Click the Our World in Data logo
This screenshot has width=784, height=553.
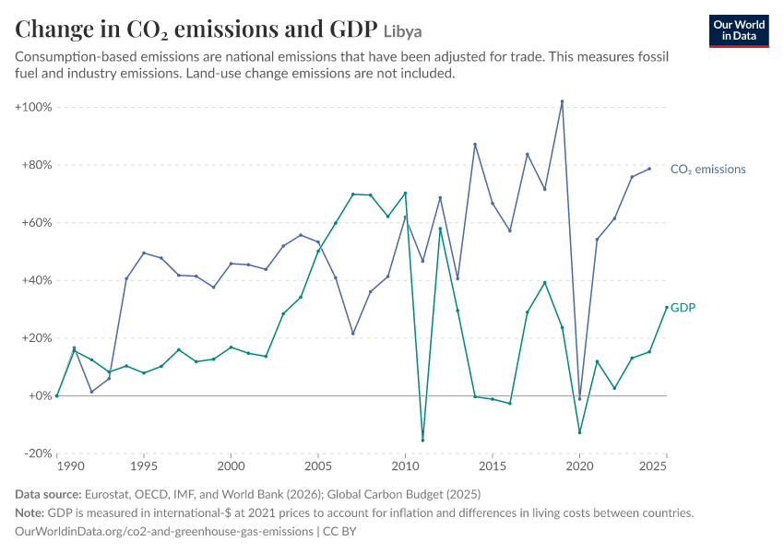coord(739,31)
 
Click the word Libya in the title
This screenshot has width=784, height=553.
coord(402,31)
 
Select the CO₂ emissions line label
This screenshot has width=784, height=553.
coord(707,170)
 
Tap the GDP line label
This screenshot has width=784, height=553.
coord(683,307)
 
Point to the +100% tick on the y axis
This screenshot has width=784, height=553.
coord(33,107)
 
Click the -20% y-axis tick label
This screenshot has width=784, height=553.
coord(38,453)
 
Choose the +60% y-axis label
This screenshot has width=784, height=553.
coord(37,222)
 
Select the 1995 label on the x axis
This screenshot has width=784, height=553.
coord(144,466)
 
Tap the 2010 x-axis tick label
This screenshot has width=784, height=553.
coord(405,466)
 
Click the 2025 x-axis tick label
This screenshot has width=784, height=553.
coord(653,466)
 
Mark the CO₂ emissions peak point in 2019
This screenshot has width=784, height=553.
coord(562,101)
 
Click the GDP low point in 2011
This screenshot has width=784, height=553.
coord(422,441)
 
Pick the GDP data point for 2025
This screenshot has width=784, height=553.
coord(667,307)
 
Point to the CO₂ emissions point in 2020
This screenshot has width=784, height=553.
coord(579,399)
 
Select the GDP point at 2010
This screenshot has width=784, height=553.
coord(405,193)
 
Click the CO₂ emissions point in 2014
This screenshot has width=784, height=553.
coord(475,145)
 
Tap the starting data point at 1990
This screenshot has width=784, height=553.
coord(57,395)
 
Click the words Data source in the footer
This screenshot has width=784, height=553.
coord(48,494)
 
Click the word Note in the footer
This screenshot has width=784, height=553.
coord(30,512)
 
